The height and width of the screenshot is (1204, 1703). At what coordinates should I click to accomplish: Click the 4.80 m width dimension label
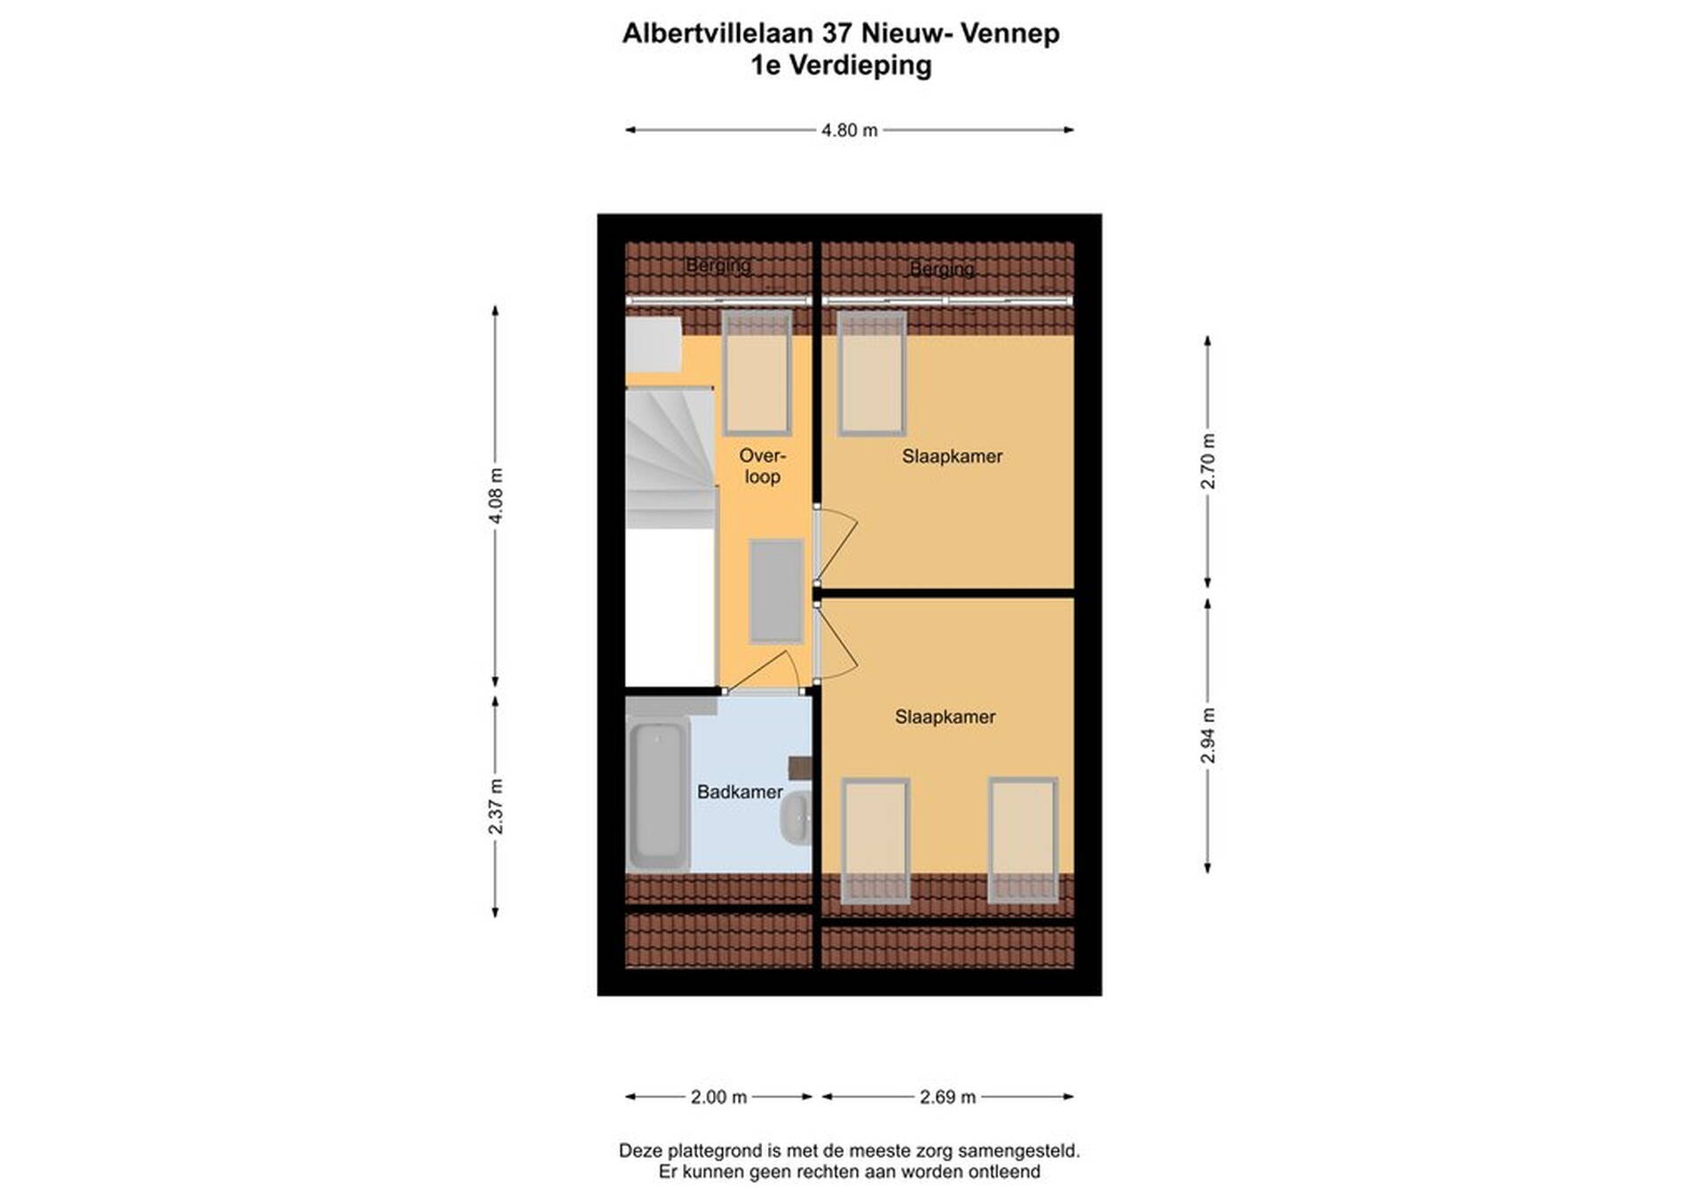(x=849, y=130)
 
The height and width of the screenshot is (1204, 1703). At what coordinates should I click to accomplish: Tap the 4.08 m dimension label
(x=496, y=496)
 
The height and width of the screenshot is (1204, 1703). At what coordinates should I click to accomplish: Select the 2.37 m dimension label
(x=496, y=807)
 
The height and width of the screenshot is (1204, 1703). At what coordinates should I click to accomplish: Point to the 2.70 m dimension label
(x=1208, y=461)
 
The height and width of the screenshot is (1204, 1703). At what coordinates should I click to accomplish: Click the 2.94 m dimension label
(x=1208, y=736)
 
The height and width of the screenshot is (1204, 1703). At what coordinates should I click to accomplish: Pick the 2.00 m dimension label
(x=718, y=1098)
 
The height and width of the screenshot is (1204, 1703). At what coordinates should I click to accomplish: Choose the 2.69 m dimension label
(x=947, y=1098)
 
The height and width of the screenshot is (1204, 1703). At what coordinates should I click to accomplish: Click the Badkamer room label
(x=740, y=792)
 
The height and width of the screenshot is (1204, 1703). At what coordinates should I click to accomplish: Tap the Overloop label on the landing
(x=763, y=467)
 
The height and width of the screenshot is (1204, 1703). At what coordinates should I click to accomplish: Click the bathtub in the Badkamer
(x=658, y=795)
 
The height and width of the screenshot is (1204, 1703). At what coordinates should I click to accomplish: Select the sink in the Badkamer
(x=796, y=815)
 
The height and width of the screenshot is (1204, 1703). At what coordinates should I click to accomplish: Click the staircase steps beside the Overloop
(x=671, y=458)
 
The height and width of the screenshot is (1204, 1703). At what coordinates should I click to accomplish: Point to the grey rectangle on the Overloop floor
(x=777, y=591)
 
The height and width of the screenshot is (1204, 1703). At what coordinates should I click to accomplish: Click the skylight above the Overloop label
(x=757, y=373)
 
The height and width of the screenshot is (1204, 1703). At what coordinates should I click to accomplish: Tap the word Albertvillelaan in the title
(x=718, y=34)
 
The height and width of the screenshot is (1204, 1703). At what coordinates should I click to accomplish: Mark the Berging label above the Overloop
(x=718, y=264)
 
